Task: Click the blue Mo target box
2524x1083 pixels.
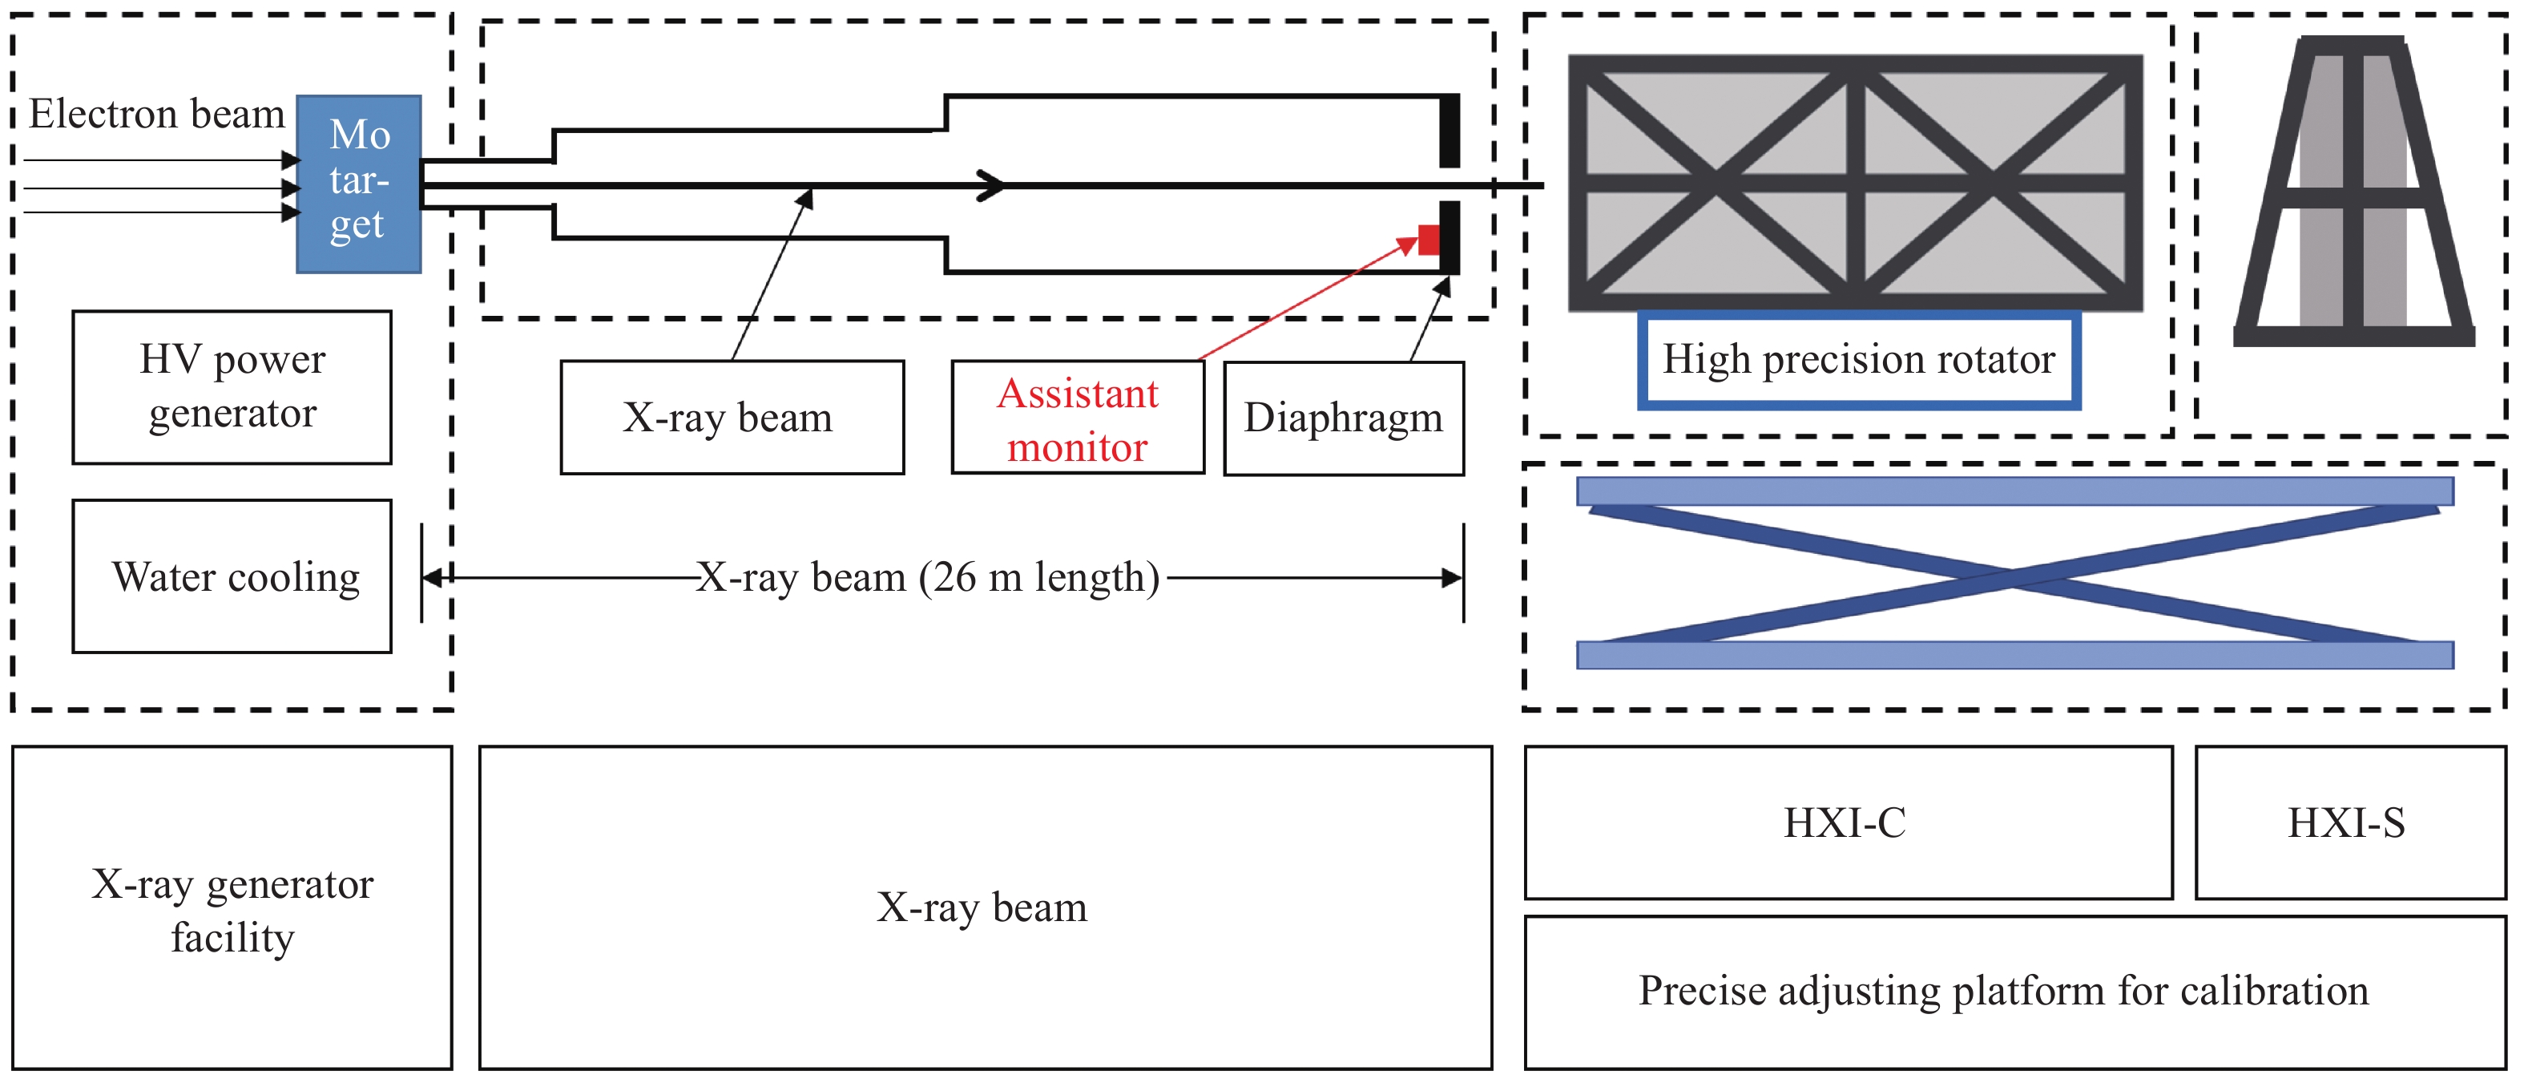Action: [359, 184]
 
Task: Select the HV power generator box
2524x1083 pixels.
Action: [232, 387]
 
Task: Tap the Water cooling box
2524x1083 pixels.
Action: [232, 576]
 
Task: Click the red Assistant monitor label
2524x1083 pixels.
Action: [1078, 419]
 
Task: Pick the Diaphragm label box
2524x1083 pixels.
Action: [1343, 418]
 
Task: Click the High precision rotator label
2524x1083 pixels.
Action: [1859, 360]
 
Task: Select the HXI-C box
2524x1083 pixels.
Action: [1848, 822]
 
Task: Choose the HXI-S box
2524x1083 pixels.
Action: [2349, 822]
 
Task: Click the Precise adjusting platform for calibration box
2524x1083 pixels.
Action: [2014, 992]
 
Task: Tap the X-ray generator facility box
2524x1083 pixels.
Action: [232, 908]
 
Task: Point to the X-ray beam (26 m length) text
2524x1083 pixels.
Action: [928, 577]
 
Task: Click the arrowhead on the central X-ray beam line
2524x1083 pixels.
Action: [993, 185]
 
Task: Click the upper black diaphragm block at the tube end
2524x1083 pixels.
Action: [1449, 131]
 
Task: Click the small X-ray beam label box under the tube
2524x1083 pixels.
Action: [732, 418]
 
